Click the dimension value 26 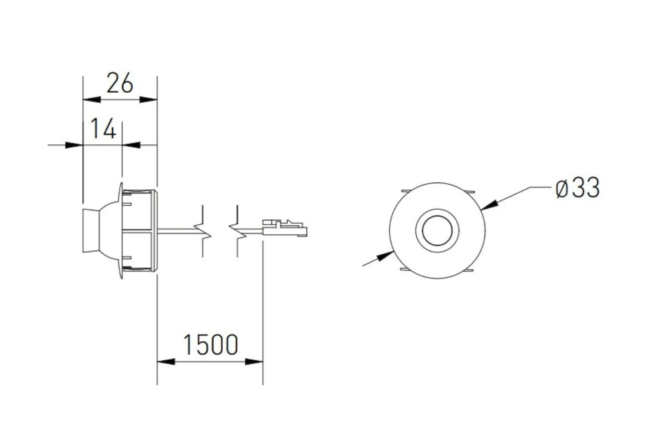tap(120, 83)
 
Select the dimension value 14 tap(103, 129)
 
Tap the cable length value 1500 tap(210, 345)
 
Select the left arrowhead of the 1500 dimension tap(166, 362)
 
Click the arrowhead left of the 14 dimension tap(74, 145)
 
